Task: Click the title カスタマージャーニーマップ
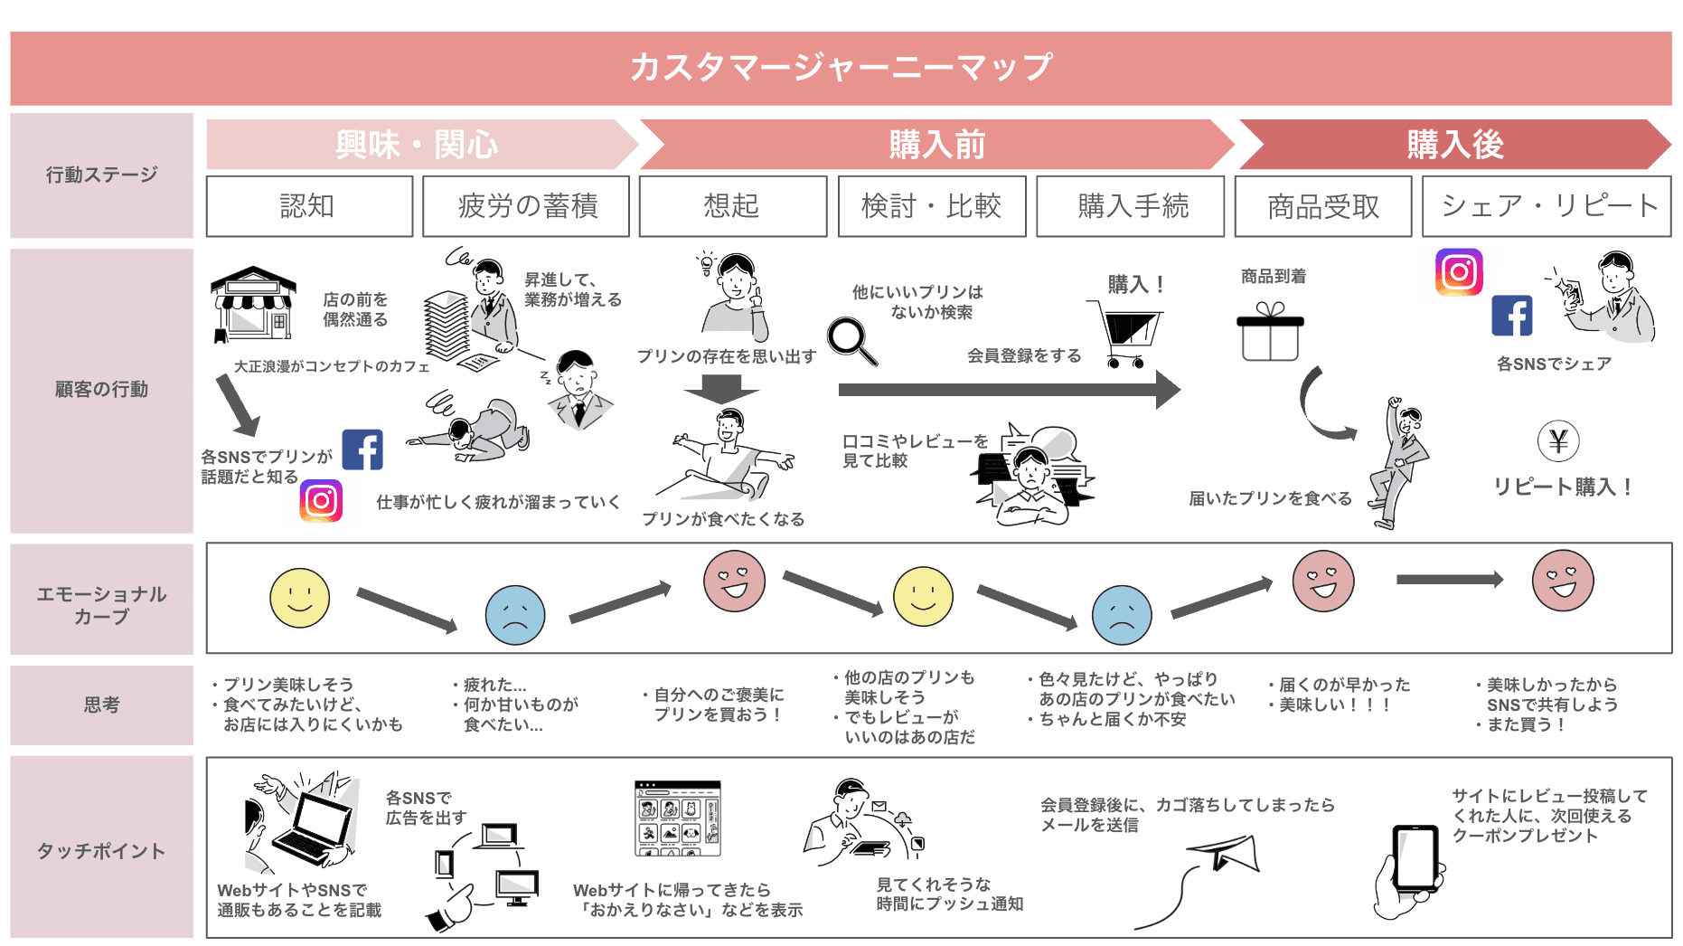pyautogui.click(x=841, y=67)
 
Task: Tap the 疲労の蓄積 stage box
pyautogui.click(x=526, y=206)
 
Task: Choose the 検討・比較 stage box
pyautogui.click(x=932, y=206)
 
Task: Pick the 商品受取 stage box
pyautogui.click(x=1323, y=206)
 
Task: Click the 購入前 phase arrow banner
pyautogui.click(x=936, y=145)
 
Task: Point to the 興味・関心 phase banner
pyautogui.click(x=418, y=145)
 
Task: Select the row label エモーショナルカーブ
pyautogui.click(x=101, y=605)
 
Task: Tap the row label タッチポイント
pyautogui.click(x=101, y=851)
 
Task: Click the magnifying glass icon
pyautogui.click(x=851, y=340)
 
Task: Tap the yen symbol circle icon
pyautogui.click(x=1558, y=441)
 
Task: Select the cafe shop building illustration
pyautogui.click(x=252, y=304)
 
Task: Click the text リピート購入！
pyautogui.click(x=1563, y=487)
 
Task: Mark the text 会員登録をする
pyautogui.click(x=1024, y=355)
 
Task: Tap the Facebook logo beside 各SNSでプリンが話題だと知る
pyautogui.click(x=362, y=449)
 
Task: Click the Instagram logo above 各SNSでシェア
pyautogui.click(x=1459, y=272)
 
